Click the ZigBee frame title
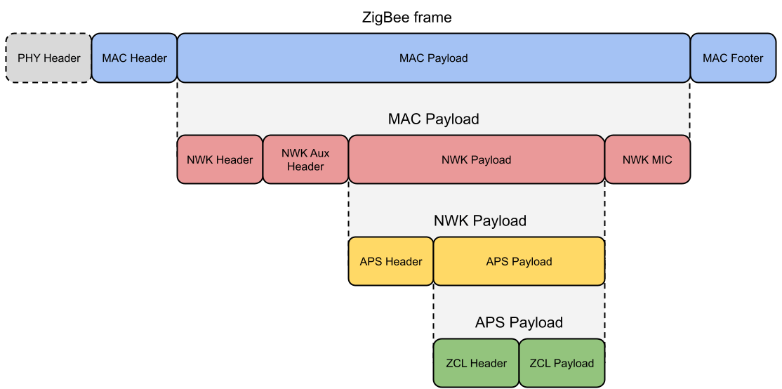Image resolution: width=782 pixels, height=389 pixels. pos(406,18)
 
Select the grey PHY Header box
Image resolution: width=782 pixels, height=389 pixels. pos(48,58)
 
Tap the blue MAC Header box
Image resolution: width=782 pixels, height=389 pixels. pos(134,58)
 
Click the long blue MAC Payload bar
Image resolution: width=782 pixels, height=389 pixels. pos(433,58)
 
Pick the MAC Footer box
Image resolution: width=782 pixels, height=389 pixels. pos(732,58)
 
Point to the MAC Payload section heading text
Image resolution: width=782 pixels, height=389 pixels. pos(433,119)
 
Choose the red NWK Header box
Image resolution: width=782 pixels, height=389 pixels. pos(220,160)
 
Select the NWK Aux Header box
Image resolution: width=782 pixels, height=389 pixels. pos(305,160)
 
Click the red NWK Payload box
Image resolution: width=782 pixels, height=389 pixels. pos(476,160)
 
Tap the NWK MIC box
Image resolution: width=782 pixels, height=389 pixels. pos(647,160)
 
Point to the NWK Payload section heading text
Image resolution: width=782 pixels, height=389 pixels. pos(479,221)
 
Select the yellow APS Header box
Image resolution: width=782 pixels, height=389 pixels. pos(391,261)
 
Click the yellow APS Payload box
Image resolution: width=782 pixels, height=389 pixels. pos(519,261)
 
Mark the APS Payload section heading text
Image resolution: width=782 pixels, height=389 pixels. pos(519,323)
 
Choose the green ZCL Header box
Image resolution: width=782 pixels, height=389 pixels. pos(476,363)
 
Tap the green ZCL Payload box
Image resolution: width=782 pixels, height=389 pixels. pos(562,363)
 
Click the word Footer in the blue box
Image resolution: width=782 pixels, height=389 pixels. pos(746,58)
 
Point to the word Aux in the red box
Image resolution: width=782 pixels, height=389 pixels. pos(319,153)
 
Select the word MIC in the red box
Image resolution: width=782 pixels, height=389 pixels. pos(661,160)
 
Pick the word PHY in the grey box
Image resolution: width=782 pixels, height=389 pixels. pos(29,58)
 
